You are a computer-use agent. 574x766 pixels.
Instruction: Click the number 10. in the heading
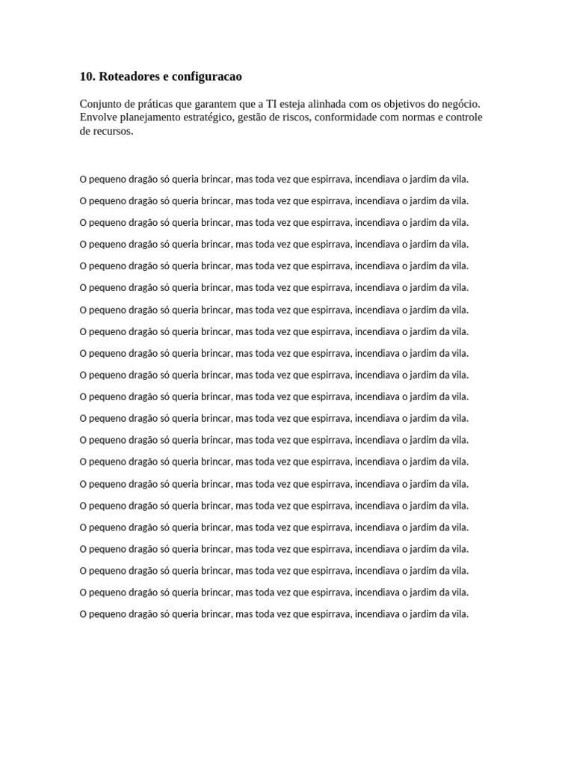click(87, 77)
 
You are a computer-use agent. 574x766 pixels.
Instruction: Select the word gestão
click(276, 117)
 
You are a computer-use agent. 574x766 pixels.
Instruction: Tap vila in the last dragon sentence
click(459, 614)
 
